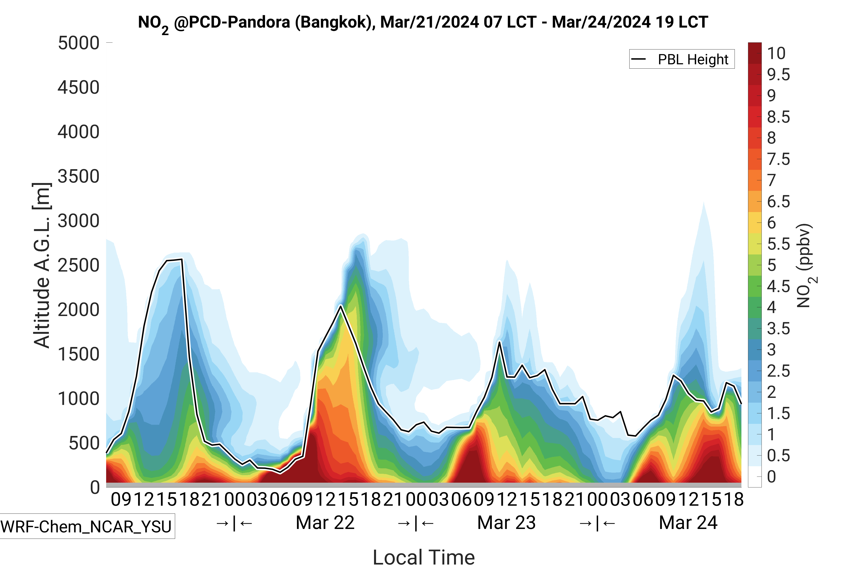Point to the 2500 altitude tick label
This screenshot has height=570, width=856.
79,265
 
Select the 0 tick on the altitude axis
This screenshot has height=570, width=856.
95,487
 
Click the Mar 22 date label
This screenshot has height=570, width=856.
325,523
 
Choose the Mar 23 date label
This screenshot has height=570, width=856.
506,523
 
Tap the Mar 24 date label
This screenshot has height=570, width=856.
688,523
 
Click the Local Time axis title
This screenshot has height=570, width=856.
424,557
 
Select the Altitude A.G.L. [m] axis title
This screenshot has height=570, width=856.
42,265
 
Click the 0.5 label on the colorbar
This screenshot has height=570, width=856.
778,456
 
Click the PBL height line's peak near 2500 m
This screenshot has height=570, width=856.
181,259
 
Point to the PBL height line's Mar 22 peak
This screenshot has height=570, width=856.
341,306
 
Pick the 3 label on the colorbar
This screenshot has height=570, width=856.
771,350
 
